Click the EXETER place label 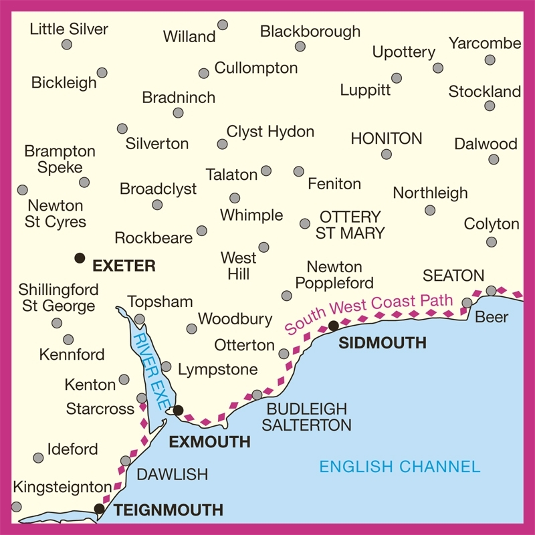click(124, 266)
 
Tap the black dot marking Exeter click(80, 257)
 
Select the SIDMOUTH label click(383, 343)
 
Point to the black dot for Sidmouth click(333, 326)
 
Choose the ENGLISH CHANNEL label click(400, 466)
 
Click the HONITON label click(387, 138)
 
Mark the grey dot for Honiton click(387, 154)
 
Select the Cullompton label click(255, 68)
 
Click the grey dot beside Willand click(223, 25)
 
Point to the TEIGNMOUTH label click(168, 510)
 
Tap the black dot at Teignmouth click(100, 509)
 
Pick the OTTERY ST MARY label click(350, 225)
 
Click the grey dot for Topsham click(139, 319)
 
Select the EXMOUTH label click(209, 442)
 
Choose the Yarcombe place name click(485, 43)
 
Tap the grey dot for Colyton click(492, 242)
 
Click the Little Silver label click(70, 29)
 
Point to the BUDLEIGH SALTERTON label click(307, 417)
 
